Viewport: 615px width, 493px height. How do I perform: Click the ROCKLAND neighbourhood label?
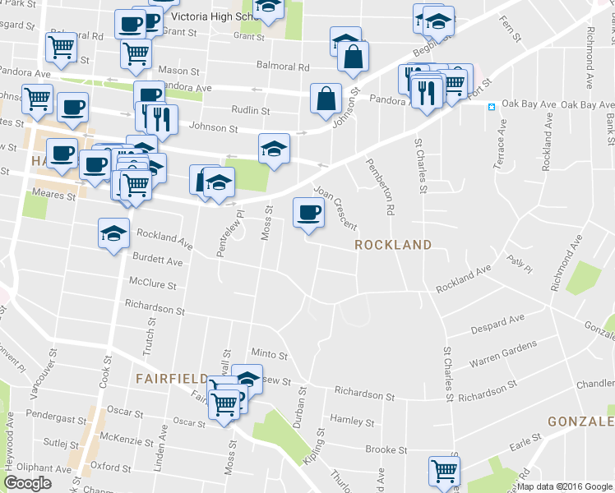click(x=393, y=245)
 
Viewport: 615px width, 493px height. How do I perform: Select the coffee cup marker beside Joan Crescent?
click(x=308, y=213)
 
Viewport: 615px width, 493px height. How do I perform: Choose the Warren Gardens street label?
click(x=502, y=353)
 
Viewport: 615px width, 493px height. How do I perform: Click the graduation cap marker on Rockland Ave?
click(x=113, y=233)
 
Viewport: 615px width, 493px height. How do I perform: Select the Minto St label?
click(x=270, y=355)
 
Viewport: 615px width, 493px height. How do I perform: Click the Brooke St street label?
click(x=381, y=449)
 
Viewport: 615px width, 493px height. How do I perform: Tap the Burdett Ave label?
click(x=157, y=260)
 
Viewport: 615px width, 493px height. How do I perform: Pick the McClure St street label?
click(x=152, y=284)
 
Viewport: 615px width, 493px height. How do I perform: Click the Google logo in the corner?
click(x=27, y=483)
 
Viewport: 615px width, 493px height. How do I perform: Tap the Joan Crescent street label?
click(x=335, y=207)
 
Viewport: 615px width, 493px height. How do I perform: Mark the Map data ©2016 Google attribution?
click(x=565, y=486)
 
